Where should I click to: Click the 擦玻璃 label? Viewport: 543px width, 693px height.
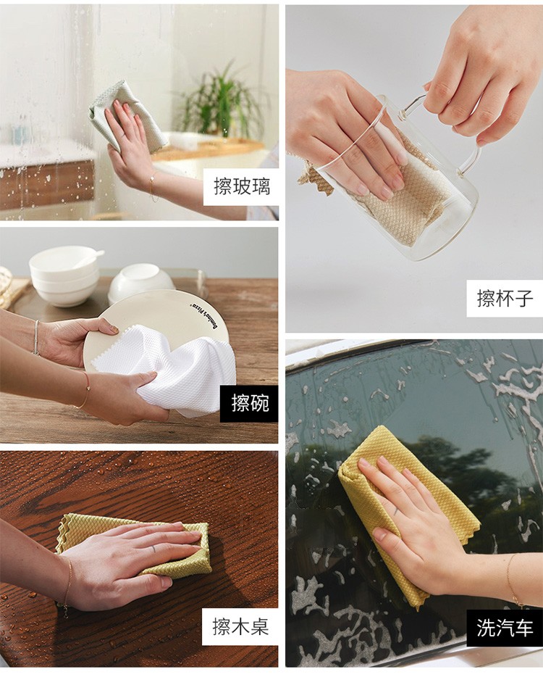point(240,187)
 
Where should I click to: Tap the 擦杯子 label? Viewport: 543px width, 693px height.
point(505,299)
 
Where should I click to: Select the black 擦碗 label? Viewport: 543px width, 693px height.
point(249,404)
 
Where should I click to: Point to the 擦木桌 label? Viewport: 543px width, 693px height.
point(240,627)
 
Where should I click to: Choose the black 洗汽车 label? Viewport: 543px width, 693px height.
point(505,628)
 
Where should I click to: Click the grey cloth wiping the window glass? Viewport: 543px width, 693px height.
point(128,116)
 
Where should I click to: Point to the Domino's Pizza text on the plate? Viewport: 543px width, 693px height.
point(203,317)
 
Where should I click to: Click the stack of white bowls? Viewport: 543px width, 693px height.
point(64,275)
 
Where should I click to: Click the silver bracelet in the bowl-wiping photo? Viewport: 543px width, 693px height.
point(35,337)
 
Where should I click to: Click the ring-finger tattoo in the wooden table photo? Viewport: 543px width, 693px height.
point(153,549)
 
